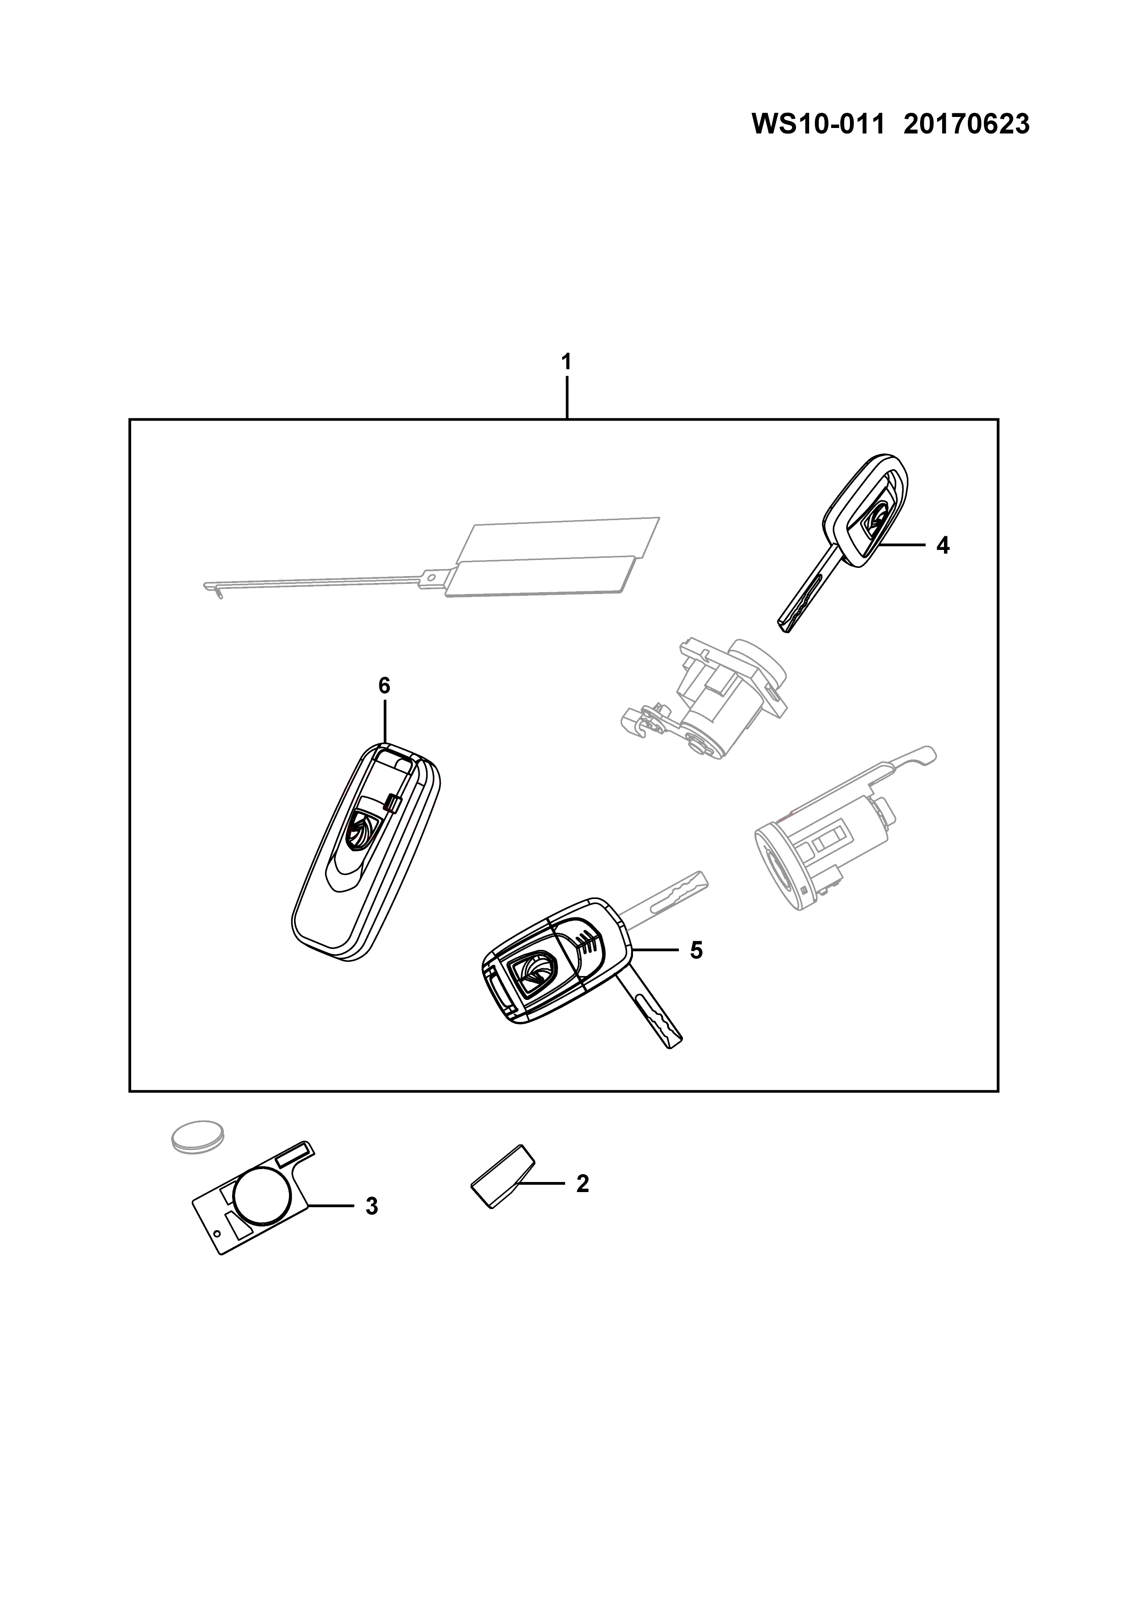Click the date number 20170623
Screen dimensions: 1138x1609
coord(967,125)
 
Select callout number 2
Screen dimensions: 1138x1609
coord(583,1184)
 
